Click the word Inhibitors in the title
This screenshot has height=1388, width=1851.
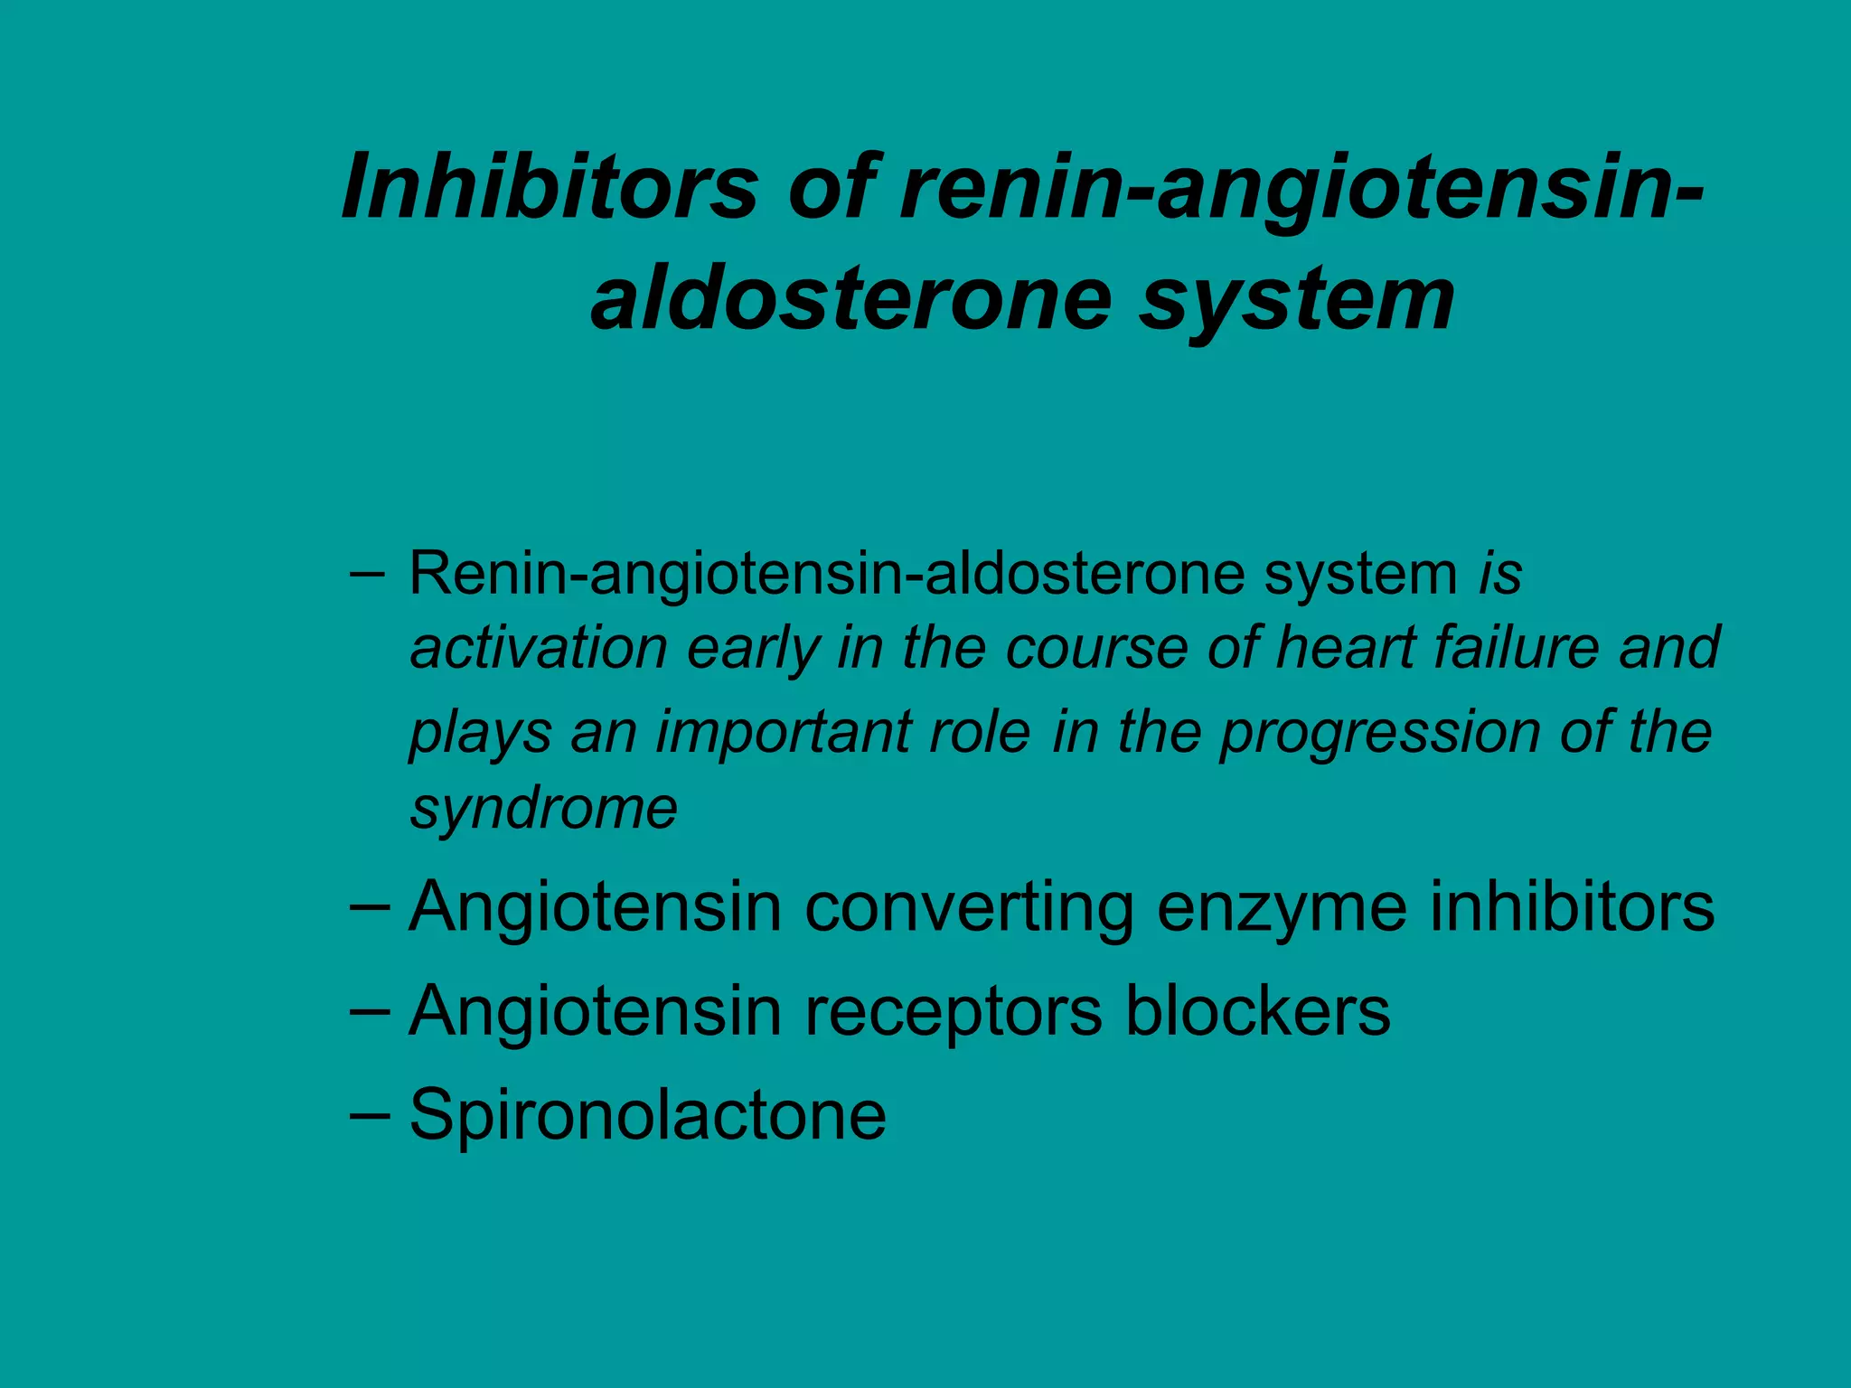pos(550,187)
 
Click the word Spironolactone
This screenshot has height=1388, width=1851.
pos(647,1115)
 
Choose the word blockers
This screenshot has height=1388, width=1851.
pos(1257,1011)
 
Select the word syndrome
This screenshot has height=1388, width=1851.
pos(544,809)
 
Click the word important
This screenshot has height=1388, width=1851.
pos(843,733)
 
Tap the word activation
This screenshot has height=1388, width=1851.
pos(539,648)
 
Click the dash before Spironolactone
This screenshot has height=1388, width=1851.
pos(369,1114)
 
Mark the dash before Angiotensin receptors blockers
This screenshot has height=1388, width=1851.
pos(369,1010)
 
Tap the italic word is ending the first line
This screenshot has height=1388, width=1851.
pos(1500,573)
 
